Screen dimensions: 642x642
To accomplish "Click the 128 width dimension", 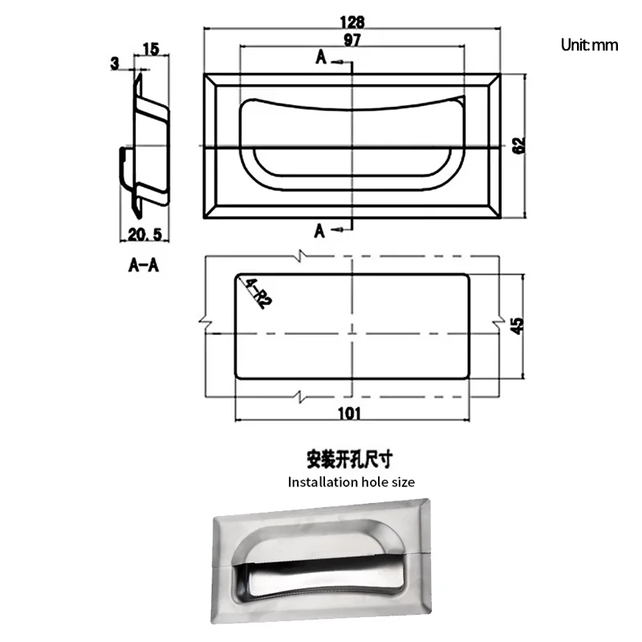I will click(x=351, y=22).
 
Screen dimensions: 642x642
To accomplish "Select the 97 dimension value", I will click(x=351, y=40).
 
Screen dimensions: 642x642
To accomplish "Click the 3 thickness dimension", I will click(x=116, y=61).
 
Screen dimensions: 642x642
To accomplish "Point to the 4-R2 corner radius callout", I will click(x=258, y=293).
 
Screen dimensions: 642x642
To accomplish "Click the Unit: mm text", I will click(x=589, y=45).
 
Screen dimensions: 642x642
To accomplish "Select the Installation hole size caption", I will click(x=351, y=482).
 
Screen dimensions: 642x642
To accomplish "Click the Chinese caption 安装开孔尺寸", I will click(x=351, y=461).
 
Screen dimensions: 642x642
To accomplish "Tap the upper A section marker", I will click(x=322, y=59).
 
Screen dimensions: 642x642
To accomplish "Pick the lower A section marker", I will click(x=320, y=231).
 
